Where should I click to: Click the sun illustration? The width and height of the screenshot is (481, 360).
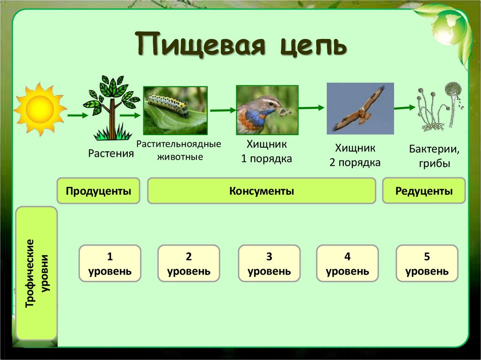click(39, 110)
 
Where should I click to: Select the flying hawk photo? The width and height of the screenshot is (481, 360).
click(360, 109)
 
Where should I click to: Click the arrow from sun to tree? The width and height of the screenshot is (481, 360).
click(75, 115)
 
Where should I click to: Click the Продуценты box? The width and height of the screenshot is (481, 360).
click(98, 191)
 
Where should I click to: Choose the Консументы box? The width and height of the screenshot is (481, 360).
click(262, 191)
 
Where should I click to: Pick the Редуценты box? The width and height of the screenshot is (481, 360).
click(424, 191)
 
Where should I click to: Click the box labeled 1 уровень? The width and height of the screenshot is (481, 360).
click(109, 264)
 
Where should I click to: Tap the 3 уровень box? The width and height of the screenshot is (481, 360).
click(269, 264)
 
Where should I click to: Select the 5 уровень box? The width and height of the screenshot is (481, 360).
click(427, 264)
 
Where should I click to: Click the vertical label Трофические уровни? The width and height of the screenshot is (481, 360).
click(37, 273)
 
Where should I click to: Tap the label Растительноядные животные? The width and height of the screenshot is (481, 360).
click(178, 150)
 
